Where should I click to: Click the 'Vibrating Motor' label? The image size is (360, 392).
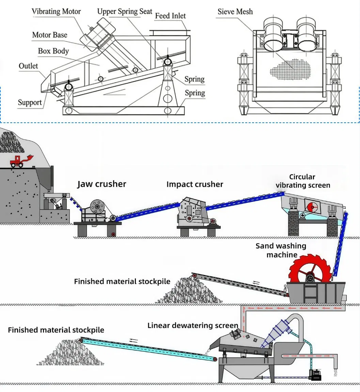56,11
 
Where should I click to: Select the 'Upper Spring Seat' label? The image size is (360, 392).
125,11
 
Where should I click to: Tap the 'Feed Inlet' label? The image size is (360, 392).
170,16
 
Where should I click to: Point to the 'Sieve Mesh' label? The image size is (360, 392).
235,12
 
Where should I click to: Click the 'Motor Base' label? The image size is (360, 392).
49,35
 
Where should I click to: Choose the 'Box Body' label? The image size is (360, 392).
53,51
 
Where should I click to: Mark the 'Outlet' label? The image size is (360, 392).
28,66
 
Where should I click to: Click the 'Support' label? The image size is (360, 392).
30,102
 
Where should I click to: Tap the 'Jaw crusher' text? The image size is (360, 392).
101,184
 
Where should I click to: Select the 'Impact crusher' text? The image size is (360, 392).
194,184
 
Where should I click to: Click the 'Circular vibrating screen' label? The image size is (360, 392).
302,181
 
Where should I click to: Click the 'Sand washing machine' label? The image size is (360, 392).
281,250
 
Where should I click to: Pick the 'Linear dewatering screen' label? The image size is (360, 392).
193,326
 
